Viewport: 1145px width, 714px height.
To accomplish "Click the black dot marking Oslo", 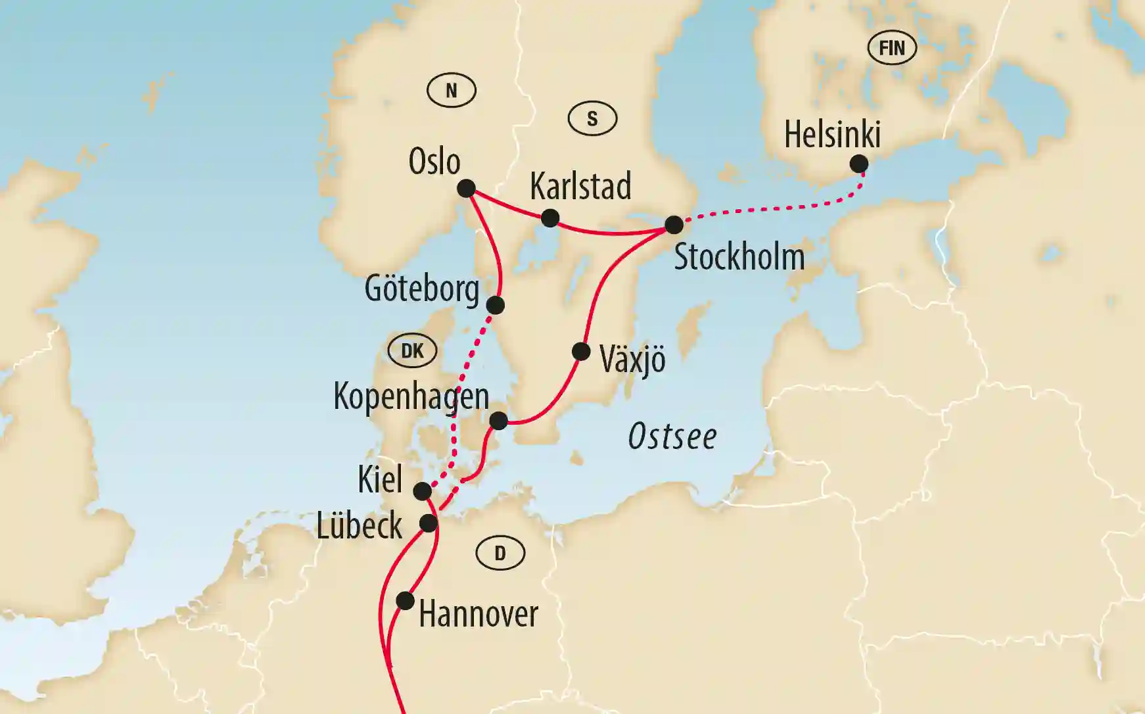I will [466, 189].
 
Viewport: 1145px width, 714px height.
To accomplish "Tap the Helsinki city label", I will [832, 135].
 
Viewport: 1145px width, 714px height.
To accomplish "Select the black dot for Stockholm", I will [674, 225].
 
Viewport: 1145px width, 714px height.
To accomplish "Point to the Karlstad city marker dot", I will [550, 218].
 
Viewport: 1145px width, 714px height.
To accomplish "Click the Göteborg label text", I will [422, 289].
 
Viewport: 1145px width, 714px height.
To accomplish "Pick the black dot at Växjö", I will [581, 352].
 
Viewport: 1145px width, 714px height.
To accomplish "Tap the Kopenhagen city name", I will [411, 396].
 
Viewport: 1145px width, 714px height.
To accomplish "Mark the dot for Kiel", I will [423, 491].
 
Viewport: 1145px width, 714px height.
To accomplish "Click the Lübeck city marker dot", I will [429, 523].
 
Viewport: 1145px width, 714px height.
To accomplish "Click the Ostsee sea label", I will [672, 437].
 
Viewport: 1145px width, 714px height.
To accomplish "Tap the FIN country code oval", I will [892, 48].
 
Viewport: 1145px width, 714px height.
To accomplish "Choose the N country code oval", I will [452, 91].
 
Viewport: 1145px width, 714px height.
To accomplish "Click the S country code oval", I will [592, 119].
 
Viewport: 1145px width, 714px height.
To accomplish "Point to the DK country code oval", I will [412, 351].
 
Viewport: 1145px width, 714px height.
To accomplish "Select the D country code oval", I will [500, 554].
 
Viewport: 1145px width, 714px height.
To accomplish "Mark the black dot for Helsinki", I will [858, 164].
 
